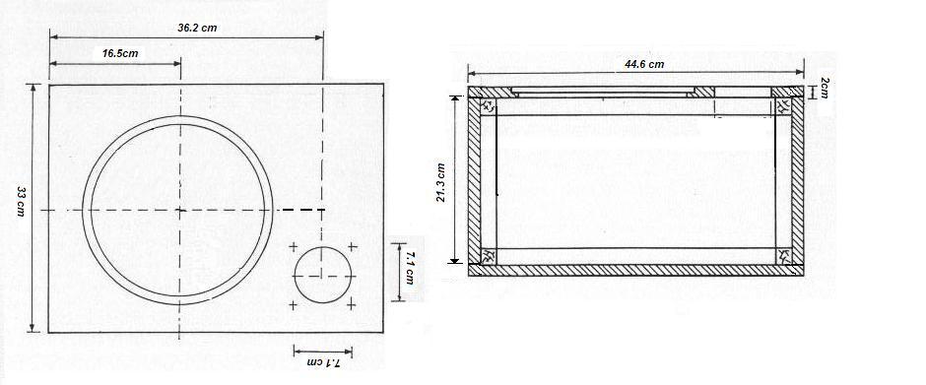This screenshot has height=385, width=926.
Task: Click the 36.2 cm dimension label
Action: pyautogui.click(x=197, y=28)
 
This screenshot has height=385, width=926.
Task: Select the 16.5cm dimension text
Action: pyautogui.click(x=120, y=53)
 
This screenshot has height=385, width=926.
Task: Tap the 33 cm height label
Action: pyautogui.click(x=21, y=201)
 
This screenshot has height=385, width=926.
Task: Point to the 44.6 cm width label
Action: pyautogui.click(x=644, y=64)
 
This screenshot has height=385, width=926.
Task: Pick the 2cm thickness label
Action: pyautogui.click(x=825, y=90)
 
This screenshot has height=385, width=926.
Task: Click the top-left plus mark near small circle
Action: pyautogui.click(x=293, y=247)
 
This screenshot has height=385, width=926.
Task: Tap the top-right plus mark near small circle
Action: pyautogui.click(x=352, y=246)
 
